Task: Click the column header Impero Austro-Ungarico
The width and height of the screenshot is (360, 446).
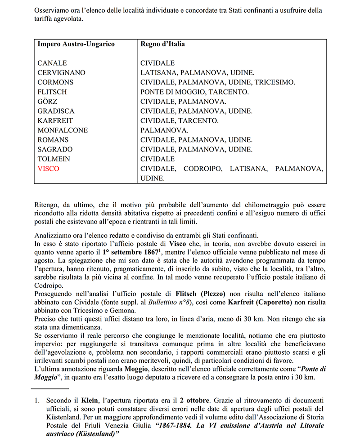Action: coord(76,44)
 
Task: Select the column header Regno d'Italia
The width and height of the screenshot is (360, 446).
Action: coord(162,44)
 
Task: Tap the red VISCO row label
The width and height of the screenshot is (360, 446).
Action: coord(48,169)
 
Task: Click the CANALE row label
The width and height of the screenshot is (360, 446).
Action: coord(52,63)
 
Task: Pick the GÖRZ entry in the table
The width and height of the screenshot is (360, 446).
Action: coord(47,102)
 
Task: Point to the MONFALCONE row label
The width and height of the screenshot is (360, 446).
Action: coord(63,130)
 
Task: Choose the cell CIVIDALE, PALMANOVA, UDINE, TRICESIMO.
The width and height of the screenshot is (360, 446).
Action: coord(218,82)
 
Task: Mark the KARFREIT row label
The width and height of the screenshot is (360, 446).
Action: coord(55,121)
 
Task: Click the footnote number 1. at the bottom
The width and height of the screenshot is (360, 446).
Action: coord(37,400)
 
